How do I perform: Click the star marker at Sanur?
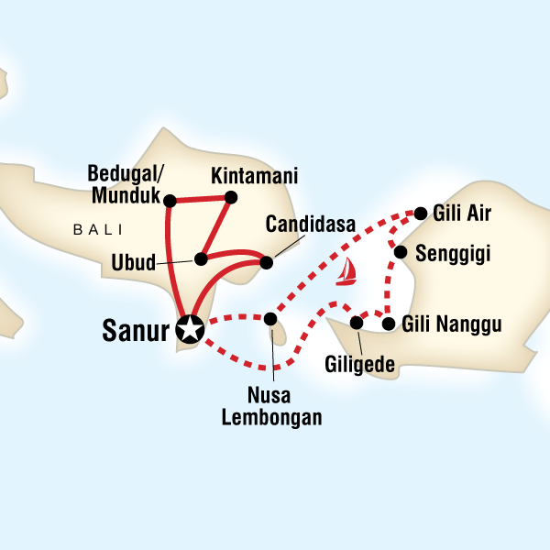[x=189, y=327]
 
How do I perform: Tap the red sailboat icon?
[x=346, y=272]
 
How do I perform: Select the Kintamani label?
[x=242, y=174]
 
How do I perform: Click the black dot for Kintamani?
[x=231, y=197]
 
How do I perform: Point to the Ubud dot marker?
[x=200, y=259]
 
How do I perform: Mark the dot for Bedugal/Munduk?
[x=169, y=198]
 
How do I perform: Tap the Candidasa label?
[x=304, y=225]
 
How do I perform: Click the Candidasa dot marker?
[x=266, y=263]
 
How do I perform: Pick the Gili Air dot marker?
[x=421, y=214]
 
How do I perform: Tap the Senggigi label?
[x=454, y=253]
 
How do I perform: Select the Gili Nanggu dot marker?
[x=389, y=324]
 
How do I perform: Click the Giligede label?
[x=360, y=365]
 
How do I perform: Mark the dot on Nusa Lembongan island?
[x=269, y=319]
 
